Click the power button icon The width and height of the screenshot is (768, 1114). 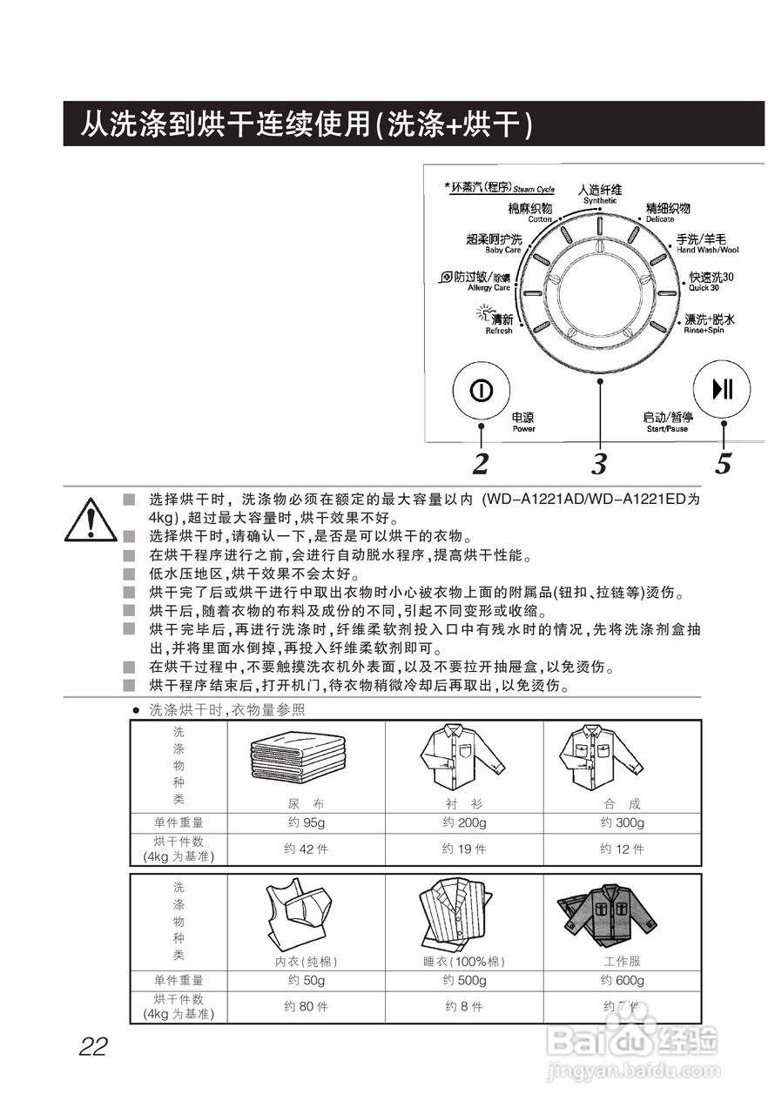pyautogui.click(x=479, y=390)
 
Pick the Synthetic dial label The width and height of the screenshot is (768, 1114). pyautogui.click(x=600, y=193)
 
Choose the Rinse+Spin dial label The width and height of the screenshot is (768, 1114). pyautogui.click(x=708, y=323)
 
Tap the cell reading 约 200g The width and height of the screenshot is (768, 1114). pyautogui.click(x=464, y=823)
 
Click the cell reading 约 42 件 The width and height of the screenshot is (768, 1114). pyautogui.click(x=306, y=849)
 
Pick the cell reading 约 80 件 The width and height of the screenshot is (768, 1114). pyautogui.click(x=306, y=1007)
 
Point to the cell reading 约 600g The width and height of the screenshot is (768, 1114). pyautogui.click(x=622, y=981)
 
